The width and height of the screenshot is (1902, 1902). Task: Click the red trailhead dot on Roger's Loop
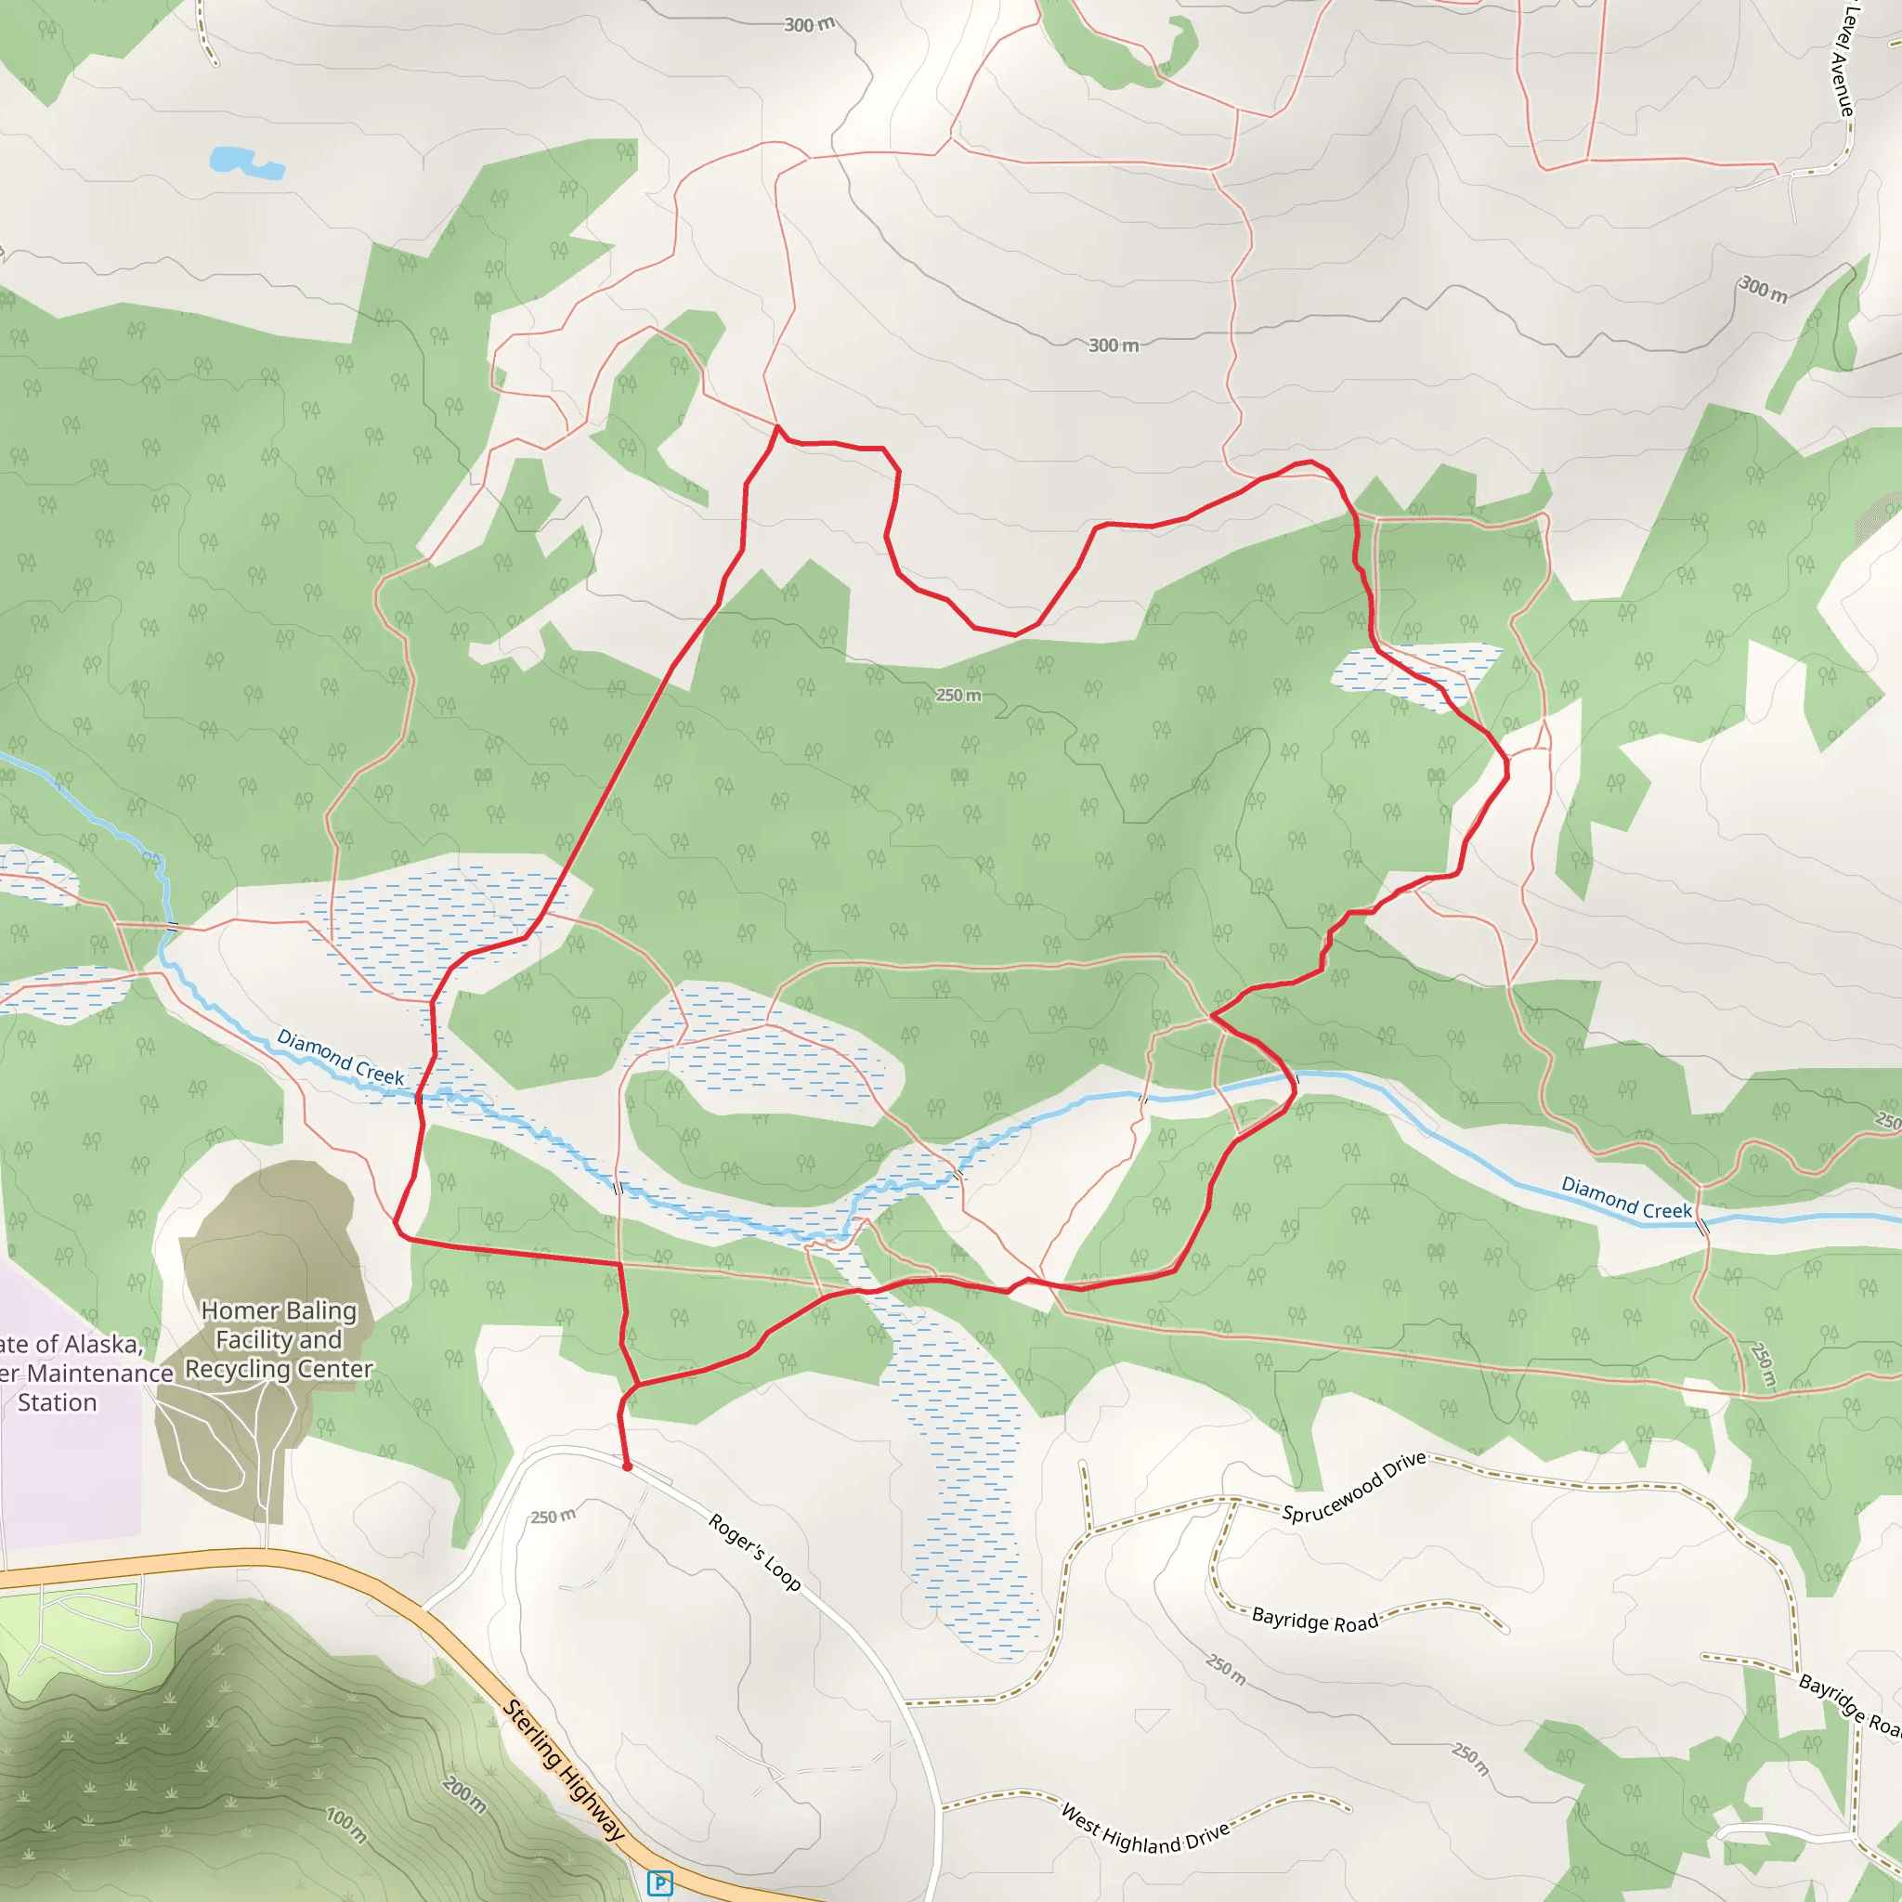(627, 1466)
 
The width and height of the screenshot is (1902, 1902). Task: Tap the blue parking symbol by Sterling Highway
(659, 1883)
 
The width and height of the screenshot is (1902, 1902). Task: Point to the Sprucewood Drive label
(1354, 1487)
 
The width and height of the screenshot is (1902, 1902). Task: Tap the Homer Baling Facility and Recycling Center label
(279, 1339)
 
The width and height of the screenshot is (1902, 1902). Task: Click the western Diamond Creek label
(341, 1057)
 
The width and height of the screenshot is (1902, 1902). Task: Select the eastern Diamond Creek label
(1626, 1197)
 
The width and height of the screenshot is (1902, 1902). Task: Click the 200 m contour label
(463, 1793)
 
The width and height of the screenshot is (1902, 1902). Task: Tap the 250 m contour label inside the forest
(958, 695)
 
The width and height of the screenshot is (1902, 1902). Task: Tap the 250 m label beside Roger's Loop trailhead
(554, 1516)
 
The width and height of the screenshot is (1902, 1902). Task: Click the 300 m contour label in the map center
(1114, 345)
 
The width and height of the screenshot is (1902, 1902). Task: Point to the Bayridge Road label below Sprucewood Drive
(1314, 1621)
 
